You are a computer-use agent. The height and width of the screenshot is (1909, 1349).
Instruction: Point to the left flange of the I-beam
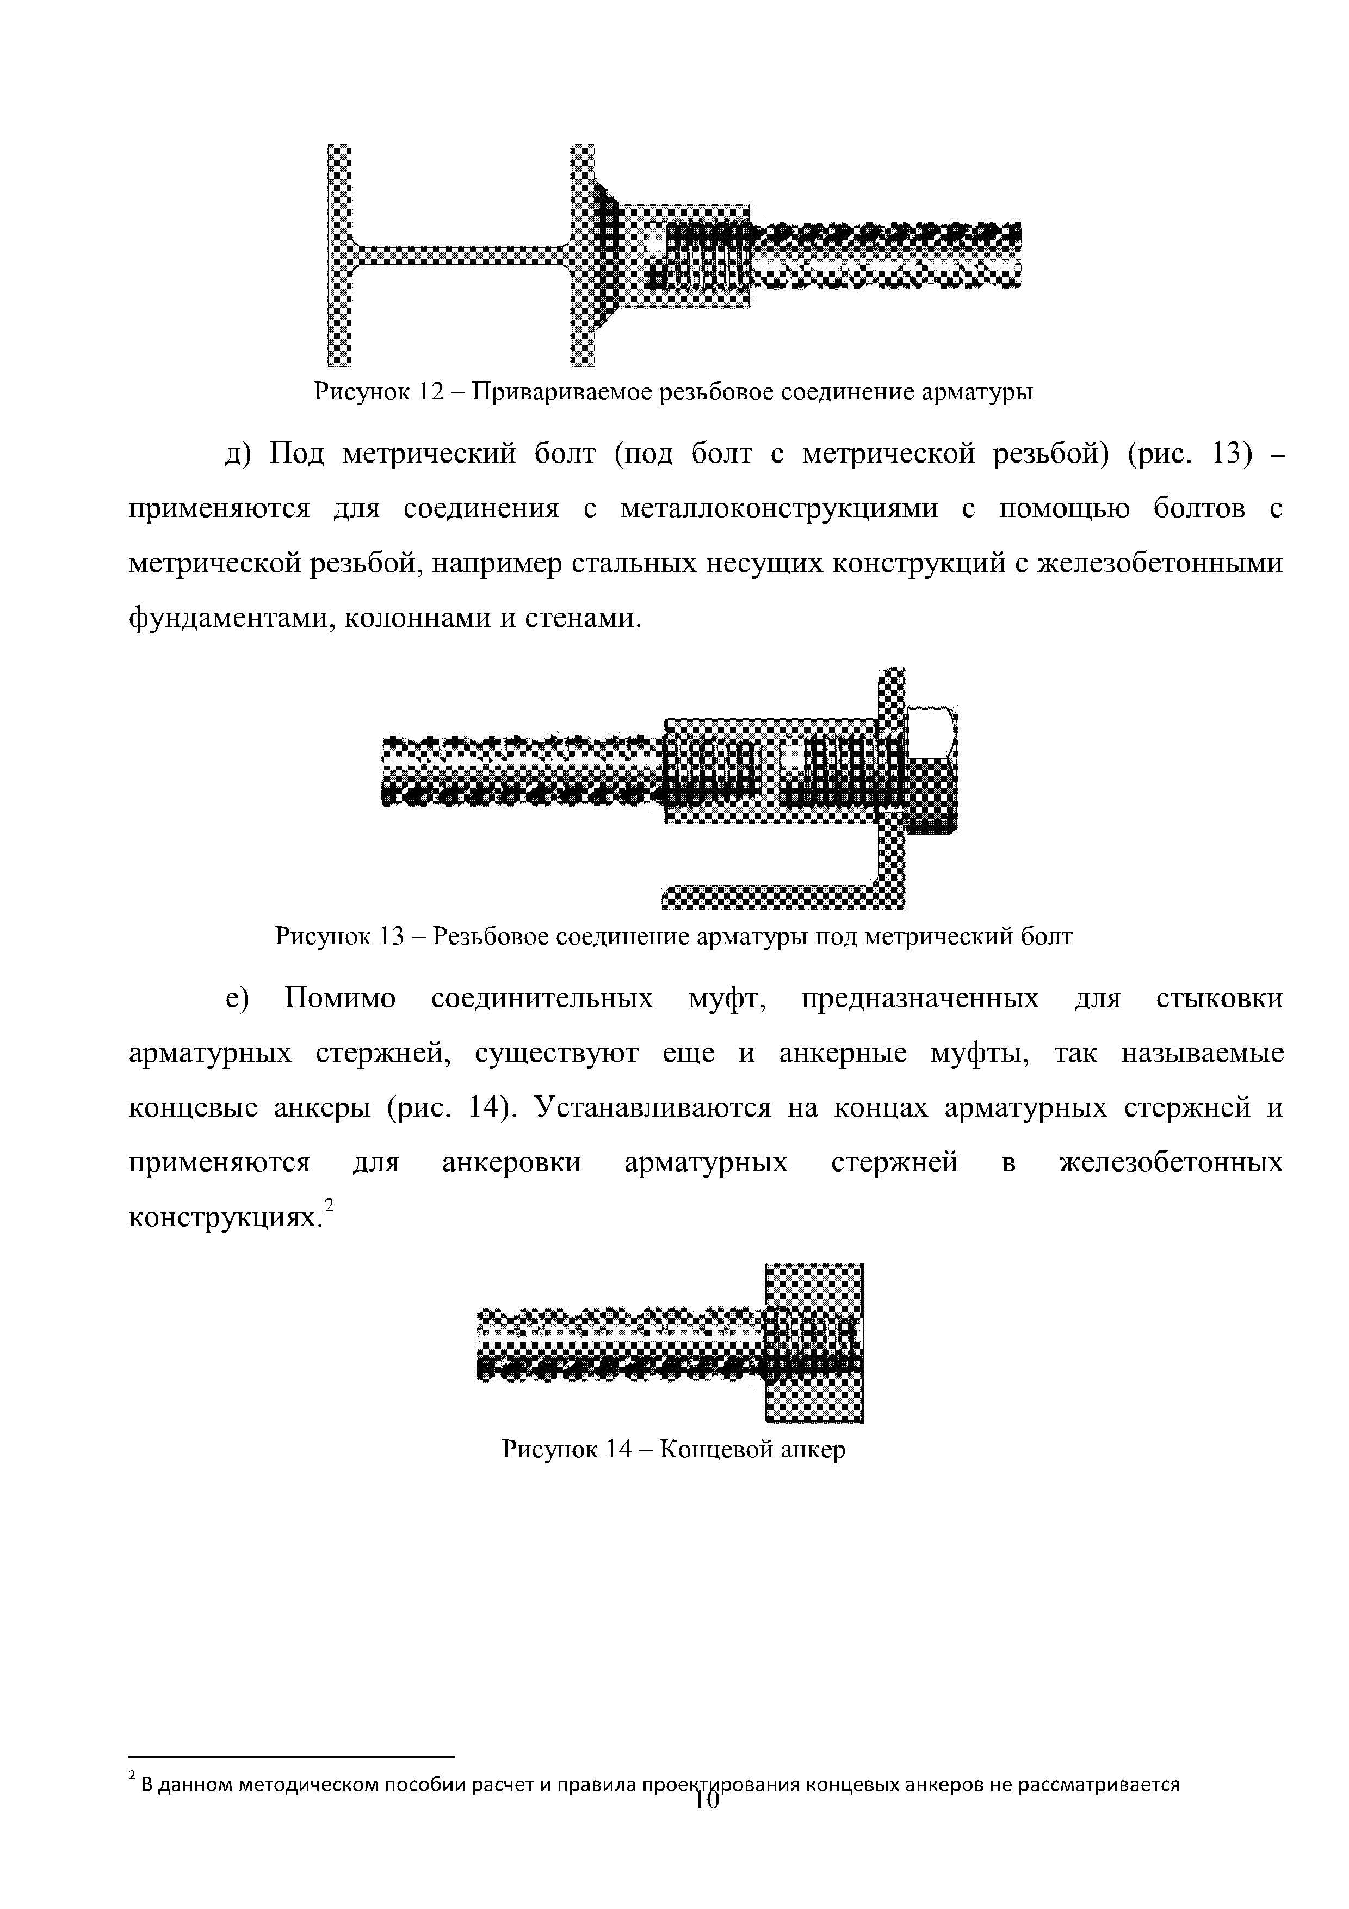click(339, 255)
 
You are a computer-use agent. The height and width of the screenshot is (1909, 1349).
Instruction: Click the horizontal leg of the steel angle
click(773, 896)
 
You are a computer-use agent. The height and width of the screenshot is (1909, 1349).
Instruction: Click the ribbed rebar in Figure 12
click(885, 256)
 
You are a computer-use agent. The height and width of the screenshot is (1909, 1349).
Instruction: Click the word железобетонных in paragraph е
click(1170, 1163)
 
